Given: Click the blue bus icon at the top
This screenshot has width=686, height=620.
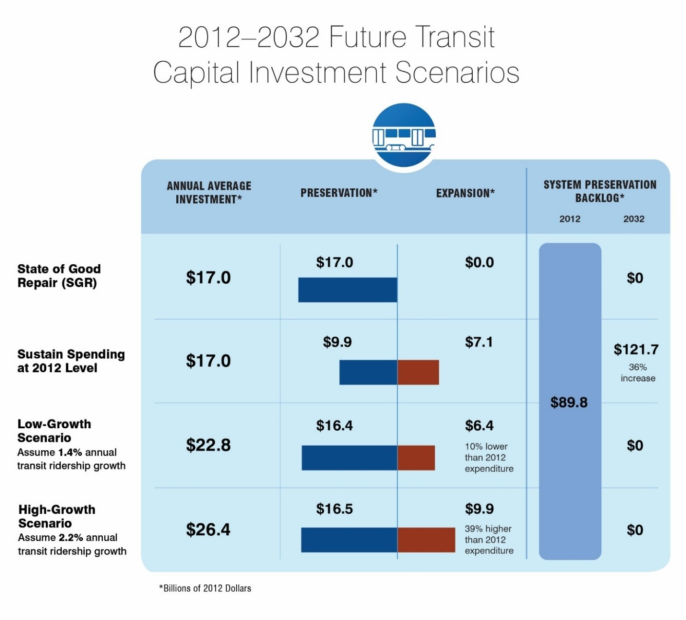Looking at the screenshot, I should (x=404, y=136).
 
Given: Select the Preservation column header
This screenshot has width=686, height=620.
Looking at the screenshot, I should (x=339, y=193).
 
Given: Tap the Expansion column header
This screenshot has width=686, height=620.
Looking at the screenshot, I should (x=465, y=193).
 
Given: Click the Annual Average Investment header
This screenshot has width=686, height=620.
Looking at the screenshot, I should (x=209, y=193).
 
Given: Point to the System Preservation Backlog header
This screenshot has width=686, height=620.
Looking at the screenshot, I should (x=600, y=191).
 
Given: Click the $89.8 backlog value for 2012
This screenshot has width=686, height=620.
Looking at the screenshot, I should (x=569, y=402).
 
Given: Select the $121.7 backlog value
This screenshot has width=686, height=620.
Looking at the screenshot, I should (x=636, y=349).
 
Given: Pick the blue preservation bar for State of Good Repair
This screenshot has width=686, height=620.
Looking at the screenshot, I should (x=348, y=290).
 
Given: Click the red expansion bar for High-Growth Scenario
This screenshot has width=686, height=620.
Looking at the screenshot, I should (x=426, y=540).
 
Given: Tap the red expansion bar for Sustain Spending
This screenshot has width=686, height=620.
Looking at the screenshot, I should (x=418, y=372).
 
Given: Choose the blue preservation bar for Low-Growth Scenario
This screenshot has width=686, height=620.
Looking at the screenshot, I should (x=349, y=458).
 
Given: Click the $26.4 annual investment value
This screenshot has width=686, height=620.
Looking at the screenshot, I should (x=208, y=529).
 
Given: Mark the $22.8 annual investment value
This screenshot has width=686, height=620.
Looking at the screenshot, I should (x=208, y=445).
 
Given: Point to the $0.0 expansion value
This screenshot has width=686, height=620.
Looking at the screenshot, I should (x=479, y=262).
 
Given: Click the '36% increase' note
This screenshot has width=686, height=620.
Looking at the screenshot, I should (x=638, y=373).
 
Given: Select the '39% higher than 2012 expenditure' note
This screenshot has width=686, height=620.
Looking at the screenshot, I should (x=489, y=540).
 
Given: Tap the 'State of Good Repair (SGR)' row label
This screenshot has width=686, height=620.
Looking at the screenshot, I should (x=59, y=276).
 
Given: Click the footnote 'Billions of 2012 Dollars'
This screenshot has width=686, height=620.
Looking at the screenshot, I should (x=205, y=588).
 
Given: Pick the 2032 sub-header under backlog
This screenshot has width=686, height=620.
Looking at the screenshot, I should (x=633, y=219).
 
